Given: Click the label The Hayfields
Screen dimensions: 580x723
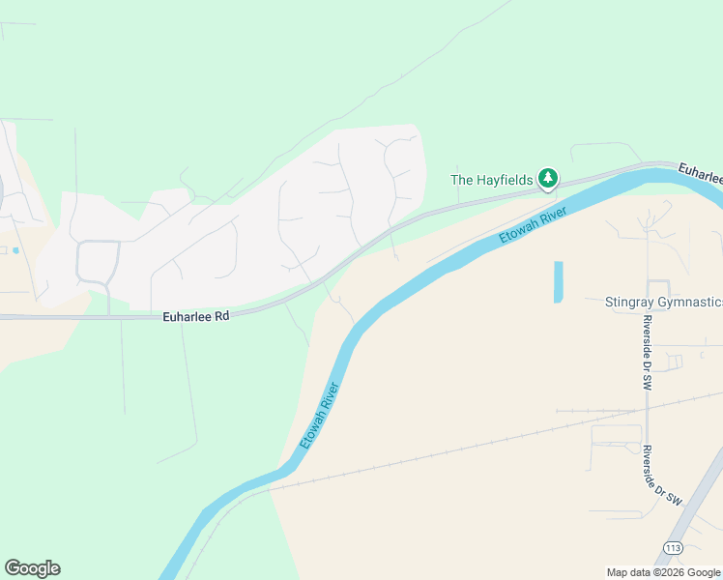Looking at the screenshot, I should [492, 179].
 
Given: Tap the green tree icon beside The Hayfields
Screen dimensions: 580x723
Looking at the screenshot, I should [548, 178].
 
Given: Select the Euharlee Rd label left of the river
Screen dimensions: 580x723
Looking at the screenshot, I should [196, 315].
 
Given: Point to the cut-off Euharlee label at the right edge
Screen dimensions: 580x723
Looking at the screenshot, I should [700, 173].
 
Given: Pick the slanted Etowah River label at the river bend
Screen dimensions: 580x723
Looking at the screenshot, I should [320, 415].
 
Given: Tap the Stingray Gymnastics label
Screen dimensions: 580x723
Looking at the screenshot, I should [662, 303].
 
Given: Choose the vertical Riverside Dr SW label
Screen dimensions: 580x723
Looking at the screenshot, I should [647, 352].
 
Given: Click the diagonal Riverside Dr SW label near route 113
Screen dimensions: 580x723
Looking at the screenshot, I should [662, 477].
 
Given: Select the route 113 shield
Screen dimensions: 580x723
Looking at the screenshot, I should [674, 548].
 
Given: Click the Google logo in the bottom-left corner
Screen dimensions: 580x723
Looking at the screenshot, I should [32, 568].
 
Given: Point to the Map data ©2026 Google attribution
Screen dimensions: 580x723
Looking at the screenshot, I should [663, 572].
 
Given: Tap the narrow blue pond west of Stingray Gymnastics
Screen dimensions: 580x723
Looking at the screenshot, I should [558, 281].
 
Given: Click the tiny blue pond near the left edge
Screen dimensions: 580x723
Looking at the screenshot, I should [15, 250].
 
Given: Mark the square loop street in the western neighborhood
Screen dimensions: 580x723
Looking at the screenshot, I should [98, 261].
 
